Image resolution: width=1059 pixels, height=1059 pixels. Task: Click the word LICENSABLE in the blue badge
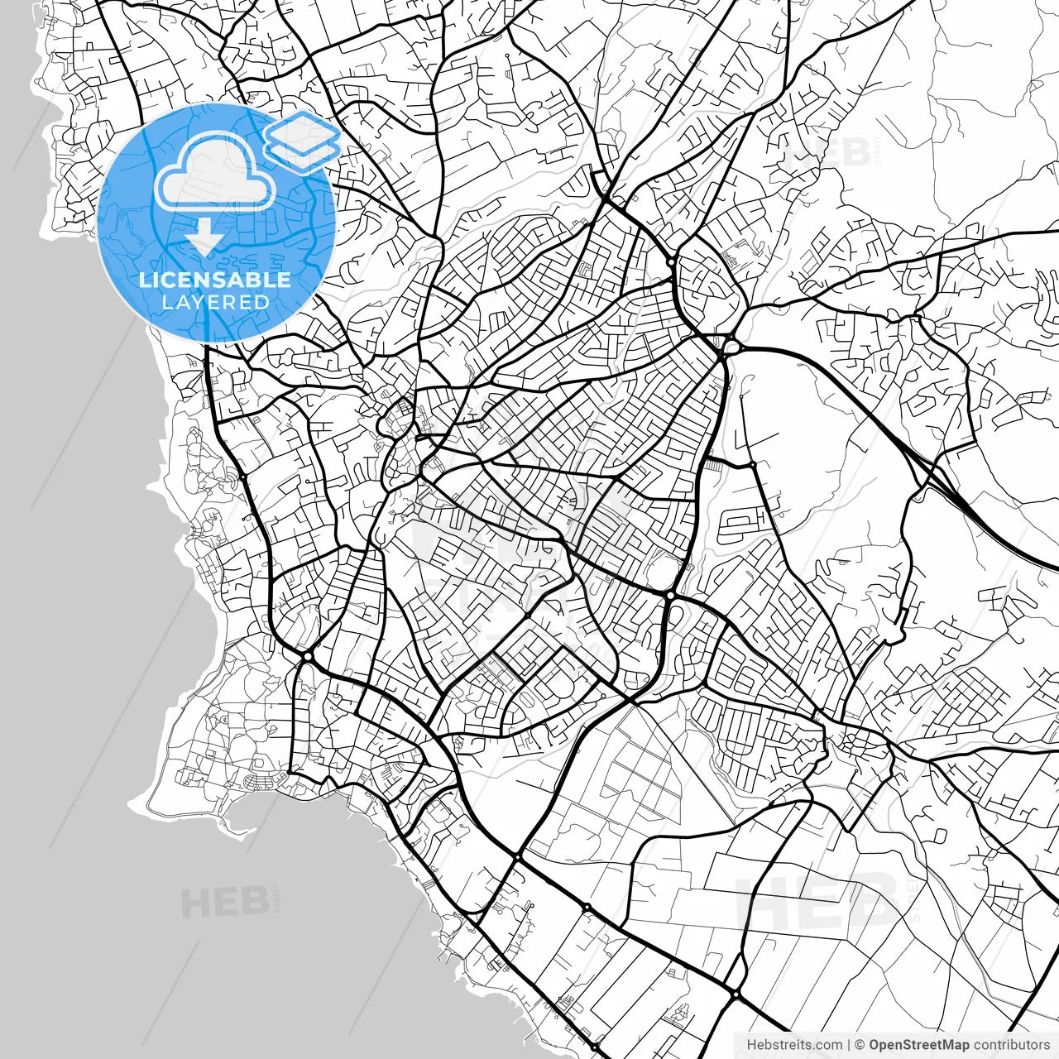215,280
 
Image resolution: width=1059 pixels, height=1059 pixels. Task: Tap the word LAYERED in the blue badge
215,302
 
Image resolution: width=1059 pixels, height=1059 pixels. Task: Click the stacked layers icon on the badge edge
302,141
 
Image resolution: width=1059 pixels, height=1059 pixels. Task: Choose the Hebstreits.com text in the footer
794,1045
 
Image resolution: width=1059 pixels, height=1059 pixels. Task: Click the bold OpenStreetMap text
918,1045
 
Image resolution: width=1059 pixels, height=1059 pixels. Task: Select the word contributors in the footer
1011,1045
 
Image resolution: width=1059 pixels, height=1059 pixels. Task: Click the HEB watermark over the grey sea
225,902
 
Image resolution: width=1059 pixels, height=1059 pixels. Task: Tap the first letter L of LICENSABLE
145,280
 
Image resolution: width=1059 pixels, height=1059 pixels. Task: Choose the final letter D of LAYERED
262,302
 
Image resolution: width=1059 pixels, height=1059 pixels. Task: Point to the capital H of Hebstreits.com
751,1045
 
